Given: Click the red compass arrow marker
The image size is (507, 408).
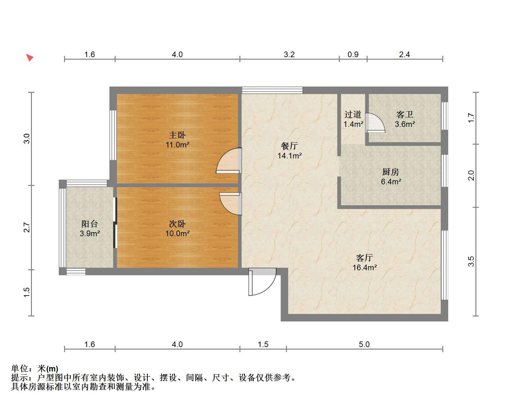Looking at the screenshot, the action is (x=30, y=57).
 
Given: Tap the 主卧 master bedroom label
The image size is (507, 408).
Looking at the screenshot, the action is (x=177, y=135).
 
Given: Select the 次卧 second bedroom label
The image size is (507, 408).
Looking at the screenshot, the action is (x=177, y=224).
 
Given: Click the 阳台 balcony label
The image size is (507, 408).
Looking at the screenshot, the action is (x=89, y=224).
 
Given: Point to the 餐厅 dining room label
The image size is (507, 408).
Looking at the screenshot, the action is (x=289, y=146).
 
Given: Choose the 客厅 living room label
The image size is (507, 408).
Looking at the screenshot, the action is (x=364, y=258).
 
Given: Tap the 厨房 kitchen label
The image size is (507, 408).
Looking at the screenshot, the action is (x=391, y=172).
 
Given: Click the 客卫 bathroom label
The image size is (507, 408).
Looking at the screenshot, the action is (x=405, y=115).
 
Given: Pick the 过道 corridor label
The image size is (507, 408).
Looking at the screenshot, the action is (x=353, y=115).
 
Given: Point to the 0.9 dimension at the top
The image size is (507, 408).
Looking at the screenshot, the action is (x=353, y=55).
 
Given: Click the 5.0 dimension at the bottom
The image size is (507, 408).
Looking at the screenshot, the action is (x=364, y=345).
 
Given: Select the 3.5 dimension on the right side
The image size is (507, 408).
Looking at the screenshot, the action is (x=471, y=261).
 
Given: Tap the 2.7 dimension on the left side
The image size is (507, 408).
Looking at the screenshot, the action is (x=27, y=227).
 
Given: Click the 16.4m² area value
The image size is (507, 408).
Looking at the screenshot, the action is (x=365, y=268).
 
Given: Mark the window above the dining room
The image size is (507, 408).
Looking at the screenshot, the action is (x=272, y=90).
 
